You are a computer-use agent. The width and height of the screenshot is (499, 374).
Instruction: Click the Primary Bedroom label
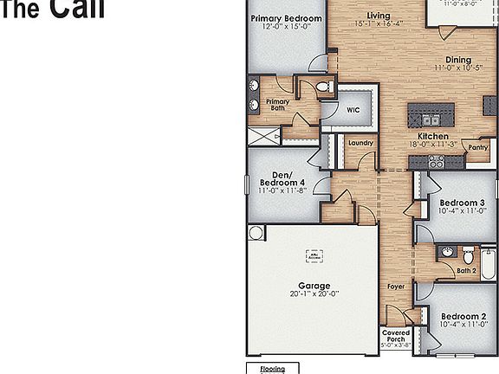click(x=286, y=18)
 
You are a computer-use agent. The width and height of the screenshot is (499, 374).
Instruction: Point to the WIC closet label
click(x=353, y=110)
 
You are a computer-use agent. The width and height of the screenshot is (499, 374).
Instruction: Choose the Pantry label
click(x=477, y=148)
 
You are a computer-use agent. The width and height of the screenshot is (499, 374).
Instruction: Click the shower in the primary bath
click(x=264, y=136)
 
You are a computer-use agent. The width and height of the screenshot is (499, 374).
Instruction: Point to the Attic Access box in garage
click(x=313, y=256)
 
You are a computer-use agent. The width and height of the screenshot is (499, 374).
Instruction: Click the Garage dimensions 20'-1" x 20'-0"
click(x=313, y=294)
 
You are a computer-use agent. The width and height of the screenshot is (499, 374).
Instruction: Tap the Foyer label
click(x=396, y=287)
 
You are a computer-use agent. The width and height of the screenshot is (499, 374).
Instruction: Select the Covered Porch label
click(x=396, y=336)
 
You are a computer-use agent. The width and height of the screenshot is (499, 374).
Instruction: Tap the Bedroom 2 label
click(x=458, y=316)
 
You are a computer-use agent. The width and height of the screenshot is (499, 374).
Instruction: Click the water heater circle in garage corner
click(x=256, y=233)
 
